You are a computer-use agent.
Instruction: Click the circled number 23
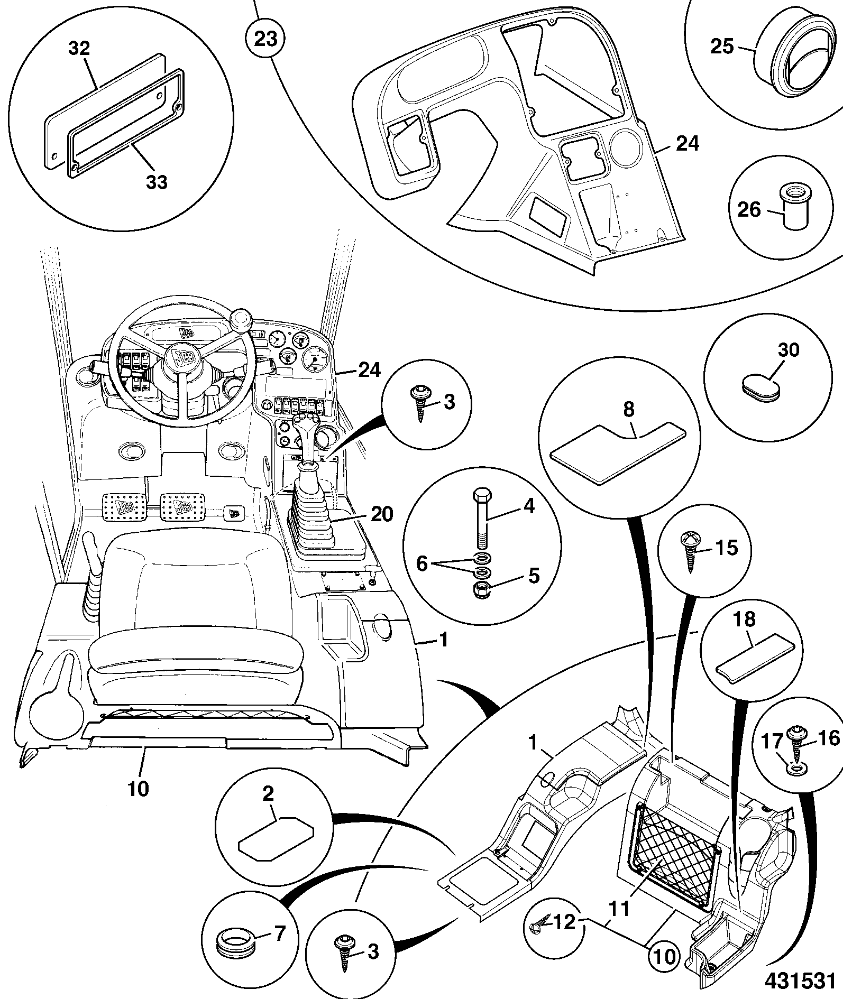coord(265,39)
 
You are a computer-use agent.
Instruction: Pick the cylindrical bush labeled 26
coord(795,206)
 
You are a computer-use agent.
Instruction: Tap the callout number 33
coord(157,181)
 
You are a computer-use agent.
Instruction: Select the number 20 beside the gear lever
coord(382,514)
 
